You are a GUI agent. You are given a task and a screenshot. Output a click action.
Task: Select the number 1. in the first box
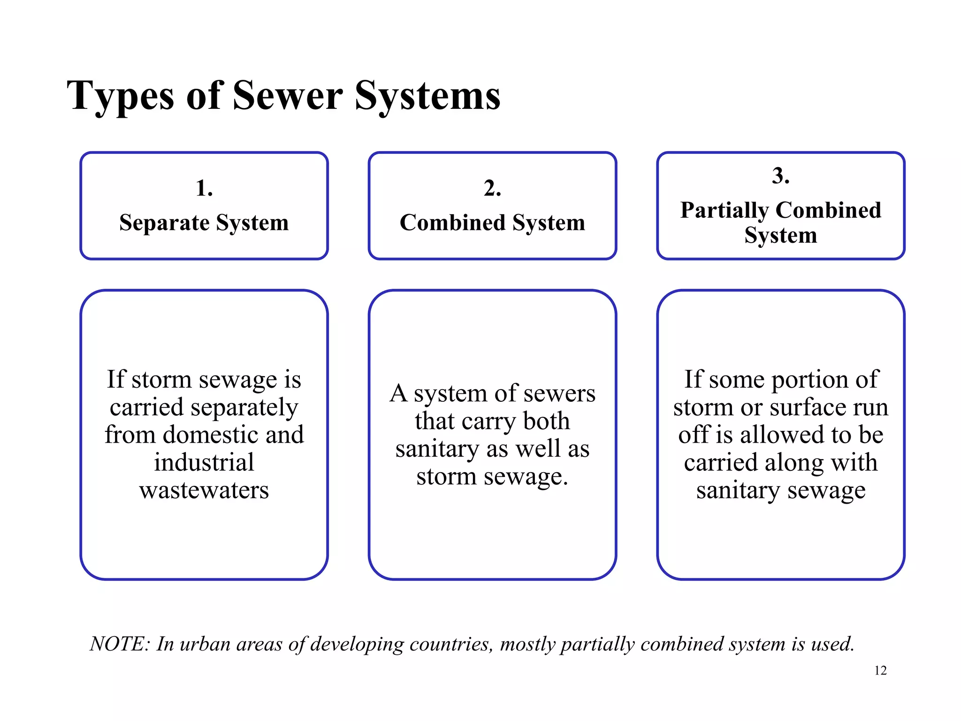tap(204, 188)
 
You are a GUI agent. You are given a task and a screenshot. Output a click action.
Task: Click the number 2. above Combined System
tap(492, 188)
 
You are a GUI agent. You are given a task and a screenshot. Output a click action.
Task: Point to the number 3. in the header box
tap(780, 176)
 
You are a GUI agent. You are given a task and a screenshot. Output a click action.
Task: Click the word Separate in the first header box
tap(164, 223)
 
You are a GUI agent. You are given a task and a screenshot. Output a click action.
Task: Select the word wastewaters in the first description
tap(204, 490)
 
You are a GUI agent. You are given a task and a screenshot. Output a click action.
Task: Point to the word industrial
tap(204, 462)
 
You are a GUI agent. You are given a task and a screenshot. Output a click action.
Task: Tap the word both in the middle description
tap(546, 421)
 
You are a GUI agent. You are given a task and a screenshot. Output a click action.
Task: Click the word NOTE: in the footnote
tap(120, 644)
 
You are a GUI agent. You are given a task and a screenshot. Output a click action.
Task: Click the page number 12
tap(880, 670)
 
